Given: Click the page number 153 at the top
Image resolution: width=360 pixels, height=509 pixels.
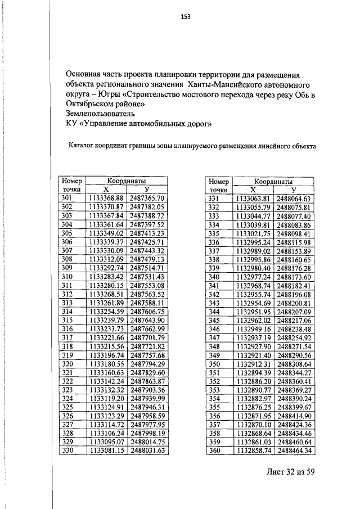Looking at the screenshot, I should tap(186, 17).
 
